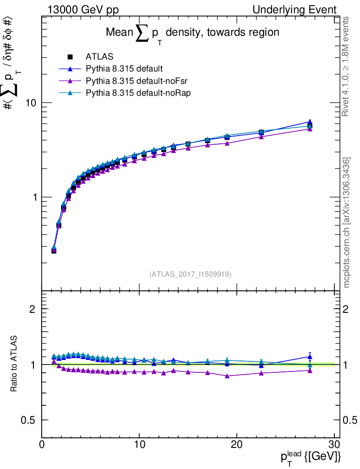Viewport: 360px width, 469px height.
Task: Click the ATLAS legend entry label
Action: tap(99, 57)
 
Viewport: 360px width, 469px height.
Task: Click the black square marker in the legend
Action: tap(70, 57)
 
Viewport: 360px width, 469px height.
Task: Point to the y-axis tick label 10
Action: tap(31, 103)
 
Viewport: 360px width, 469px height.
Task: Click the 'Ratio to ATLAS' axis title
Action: tap(14, 364)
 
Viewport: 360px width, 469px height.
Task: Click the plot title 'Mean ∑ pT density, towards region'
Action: tap(192, 33)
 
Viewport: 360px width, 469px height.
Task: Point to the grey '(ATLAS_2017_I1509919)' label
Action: tap(190, 274)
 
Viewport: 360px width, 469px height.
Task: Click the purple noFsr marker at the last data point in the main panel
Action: tap(310, 129)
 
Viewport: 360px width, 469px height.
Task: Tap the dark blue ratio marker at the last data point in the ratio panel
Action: tap(310, 356)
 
